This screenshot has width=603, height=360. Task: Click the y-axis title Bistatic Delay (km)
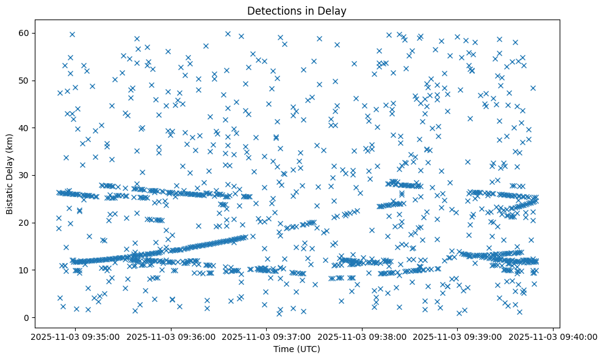pyautogui.click(x=10, y=173)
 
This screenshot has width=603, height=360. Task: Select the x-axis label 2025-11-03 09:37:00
pyautogui.click(x=266, y=336)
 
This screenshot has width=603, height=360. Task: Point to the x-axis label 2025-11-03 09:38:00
pyautogui.click(x=362, y=336)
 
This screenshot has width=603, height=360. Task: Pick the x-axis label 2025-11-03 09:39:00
pyautogui.click(x=458, y=336)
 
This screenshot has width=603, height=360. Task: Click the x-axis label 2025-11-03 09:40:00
pyautogui.click(x=554, y=336)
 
